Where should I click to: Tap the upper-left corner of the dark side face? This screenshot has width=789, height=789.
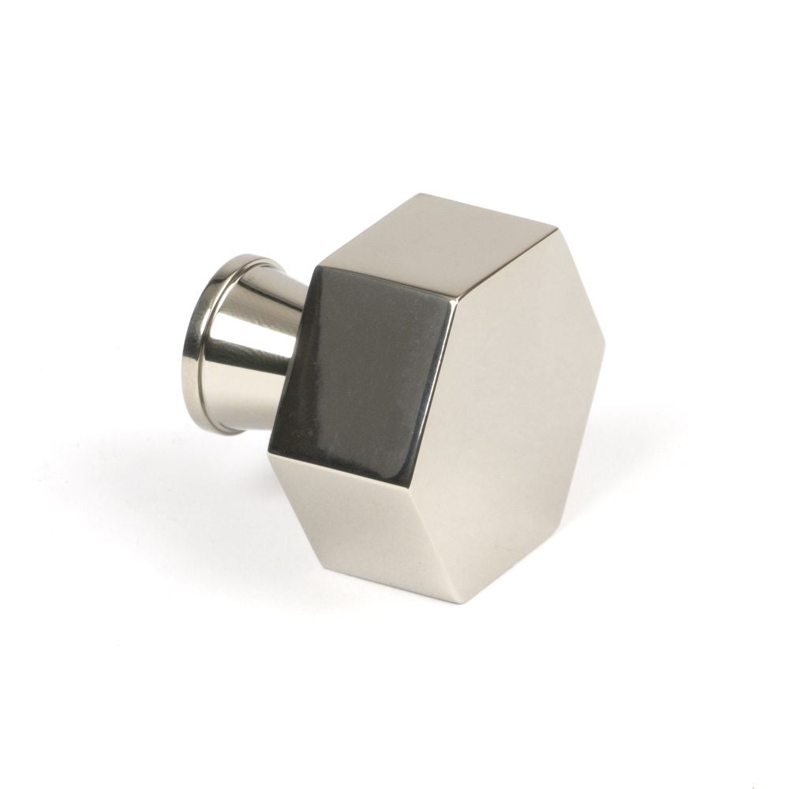pyautogui.click(x=316, y=268)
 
